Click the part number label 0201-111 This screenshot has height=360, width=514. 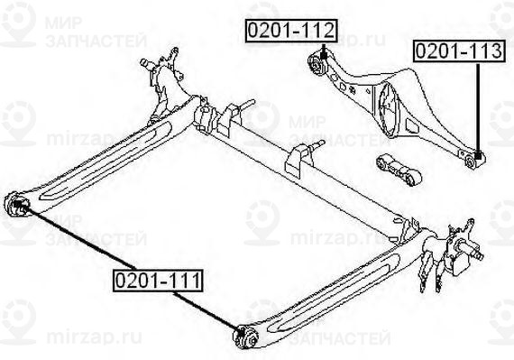point(157,282)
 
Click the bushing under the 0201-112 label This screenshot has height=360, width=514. point(317,63)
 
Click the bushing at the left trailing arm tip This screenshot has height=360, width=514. point(17,206)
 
